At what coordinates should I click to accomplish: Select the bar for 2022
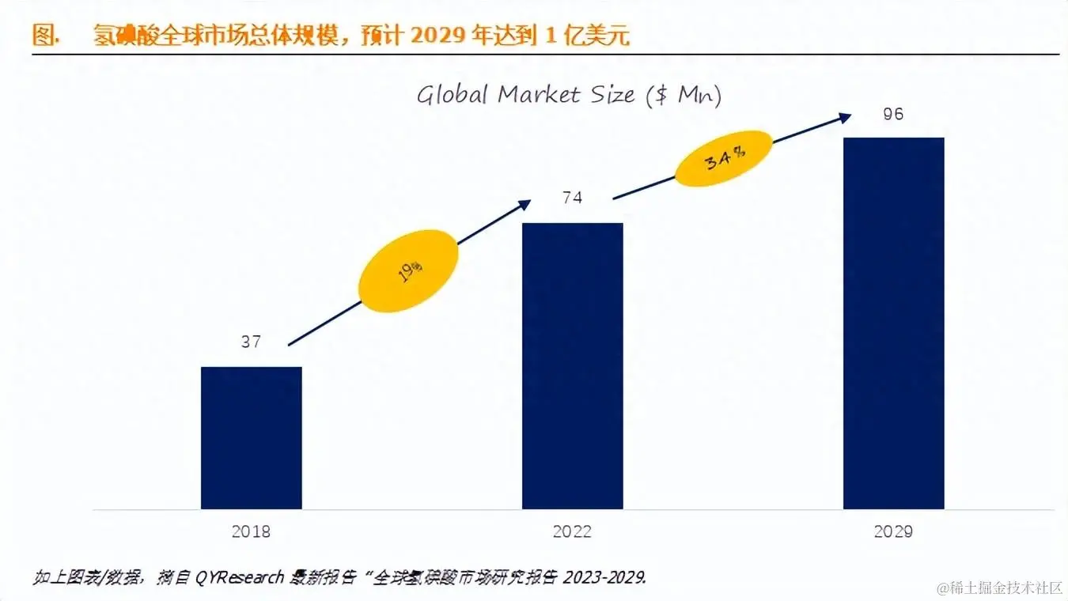[x=572, y=365]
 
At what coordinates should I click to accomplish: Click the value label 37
[x=251, y=342]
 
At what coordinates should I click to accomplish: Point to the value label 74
[x=572, y=198]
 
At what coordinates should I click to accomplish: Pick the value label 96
[x=893, y=114]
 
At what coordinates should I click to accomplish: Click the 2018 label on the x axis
[x=251, y=531]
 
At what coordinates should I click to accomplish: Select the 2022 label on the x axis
[x=572, y=531]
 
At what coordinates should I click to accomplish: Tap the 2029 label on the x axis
[x=893, y=531]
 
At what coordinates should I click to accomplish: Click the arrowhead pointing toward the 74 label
[x=524, y=204]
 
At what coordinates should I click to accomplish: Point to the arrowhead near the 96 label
[x=845, y=117]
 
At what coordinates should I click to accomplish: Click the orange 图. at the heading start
[x=47, y=36]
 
